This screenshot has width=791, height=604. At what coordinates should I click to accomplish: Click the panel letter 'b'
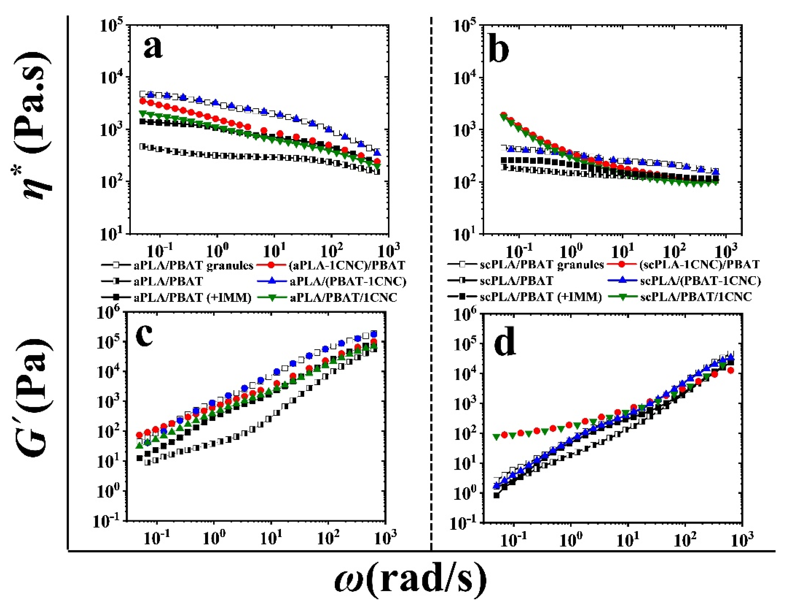pos(499,49)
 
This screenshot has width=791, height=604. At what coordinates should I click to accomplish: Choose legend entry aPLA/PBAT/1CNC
pos(343,297)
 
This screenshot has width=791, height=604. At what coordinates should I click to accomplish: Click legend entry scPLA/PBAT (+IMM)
pos(541,297)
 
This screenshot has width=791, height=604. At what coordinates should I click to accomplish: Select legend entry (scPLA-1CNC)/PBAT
pos(699,265)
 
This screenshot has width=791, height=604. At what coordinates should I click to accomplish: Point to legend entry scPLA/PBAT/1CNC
pos(696,297)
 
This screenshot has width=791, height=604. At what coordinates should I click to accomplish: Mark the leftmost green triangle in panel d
pos(497,437)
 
